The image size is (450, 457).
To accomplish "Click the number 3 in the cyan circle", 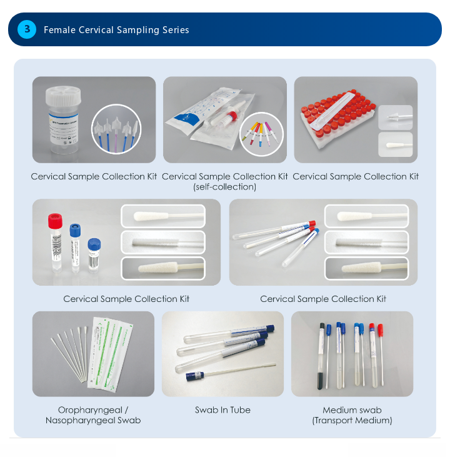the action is coord(27,29).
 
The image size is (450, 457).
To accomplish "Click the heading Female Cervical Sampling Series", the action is coord(116,30).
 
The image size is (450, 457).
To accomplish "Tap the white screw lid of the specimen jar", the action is coord(63,96).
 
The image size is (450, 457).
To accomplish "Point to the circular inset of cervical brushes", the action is coord(116,129).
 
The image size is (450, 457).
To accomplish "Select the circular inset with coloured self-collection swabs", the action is coord(261,134).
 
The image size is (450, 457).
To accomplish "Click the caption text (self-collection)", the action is coord(225,187).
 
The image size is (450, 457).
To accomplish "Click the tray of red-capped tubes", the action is coord(338,118).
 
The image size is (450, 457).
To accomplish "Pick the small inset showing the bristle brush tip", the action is coord(396,117).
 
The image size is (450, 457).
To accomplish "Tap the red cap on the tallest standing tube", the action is coord(55,221).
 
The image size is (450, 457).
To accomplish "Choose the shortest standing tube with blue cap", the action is coord(94,256).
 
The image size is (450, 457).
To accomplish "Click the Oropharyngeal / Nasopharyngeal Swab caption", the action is coord(93,415).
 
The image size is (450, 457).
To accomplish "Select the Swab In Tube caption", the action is coord(222,410).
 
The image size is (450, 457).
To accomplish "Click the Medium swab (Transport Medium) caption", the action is coord(352,415).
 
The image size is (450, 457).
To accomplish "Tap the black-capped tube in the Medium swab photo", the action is coord(321,356).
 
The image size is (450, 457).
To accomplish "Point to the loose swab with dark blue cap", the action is coord(231,371).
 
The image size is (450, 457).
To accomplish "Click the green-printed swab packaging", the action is coord(110,354).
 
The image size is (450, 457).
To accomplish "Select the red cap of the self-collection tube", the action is coord(232,116).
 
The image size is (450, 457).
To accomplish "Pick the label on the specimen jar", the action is coord(63,129).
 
